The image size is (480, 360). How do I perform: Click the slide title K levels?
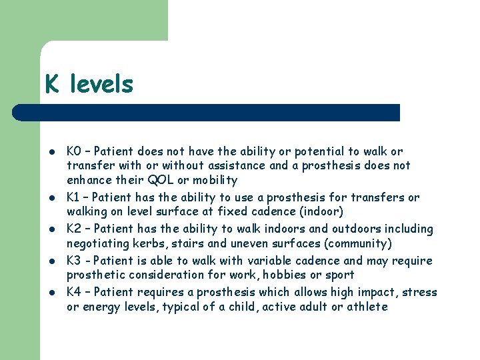(x=89, y=84)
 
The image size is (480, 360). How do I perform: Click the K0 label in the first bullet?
(x=74, y=151)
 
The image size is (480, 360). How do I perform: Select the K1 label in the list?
(x=73, y=197)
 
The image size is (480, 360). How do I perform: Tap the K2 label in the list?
(x=74, y=229)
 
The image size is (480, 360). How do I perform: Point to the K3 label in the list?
(x=74, y=261)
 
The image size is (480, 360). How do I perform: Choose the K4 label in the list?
(x=74, y=292)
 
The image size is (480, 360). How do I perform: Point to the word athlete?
(x=365, y=307)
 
